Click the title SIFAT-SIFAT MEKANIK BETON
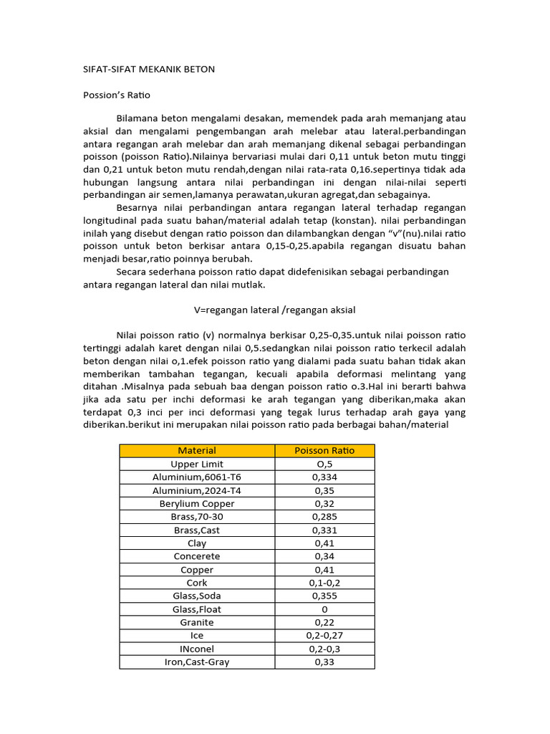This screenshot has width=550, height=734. pyautogui.click(x=149, y=69)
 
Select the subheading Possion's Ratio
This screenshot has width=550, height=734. pyautogui.click(x=117, y=95)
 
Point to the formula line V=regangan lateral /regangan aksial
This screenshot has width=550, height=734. pyautogui.click(x=275, y=310)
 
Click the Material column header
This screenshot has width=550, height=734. pyautogui.click(x=197, y=450)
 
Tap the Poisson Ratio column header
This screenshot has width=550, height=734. pyautogui.click(x=324, y=450)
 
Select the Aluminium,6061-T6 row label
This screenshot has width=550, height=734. pyautogui.click(x=197, y=477)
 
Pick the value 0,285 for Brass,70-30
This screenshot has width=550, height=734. pyautogui.click(x=324, y=516)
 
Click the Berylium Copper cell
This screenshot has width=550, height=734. pyautogui.click(x=197, y=503)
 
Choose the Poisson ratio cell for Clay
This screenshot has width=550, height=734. pyautogui.click(x=324, y=543)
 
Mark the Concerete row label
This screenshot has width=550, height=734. pyautogui.click(x=197, y=556)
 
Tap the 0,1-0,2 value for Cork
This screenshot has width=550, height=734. pyautogui.click(x=324, y=583)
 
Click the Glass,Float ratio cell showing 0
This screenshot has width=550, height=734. pyautogui.click(x=324, y=609)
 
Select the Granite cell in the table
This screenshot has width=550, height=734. pyautogui.click(x=197, y=622)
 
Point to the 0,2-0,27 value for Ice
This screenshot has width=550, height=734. pyautogui.click(x=324, y=635)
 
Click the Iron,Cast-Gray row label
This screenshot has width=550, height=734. pyautogui.click(x=197, y=662)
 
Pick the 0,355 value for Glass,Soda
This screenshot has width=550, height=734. pyautogui.click(x=324, y=596)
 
